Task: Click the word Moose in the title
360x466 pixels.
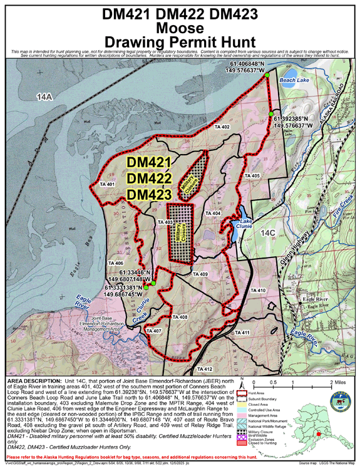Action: [180, 28]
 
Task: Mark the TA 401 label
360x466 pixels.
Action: [106, 185]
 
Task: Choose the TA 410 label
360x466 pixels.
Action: [258, 291]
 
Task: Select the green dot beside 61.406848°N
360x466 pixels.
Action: [267, 75]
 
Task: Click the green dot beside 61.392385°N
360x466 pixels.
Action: [271, 115]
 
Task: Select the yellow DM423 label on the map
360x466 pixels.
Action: [149, 195]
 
